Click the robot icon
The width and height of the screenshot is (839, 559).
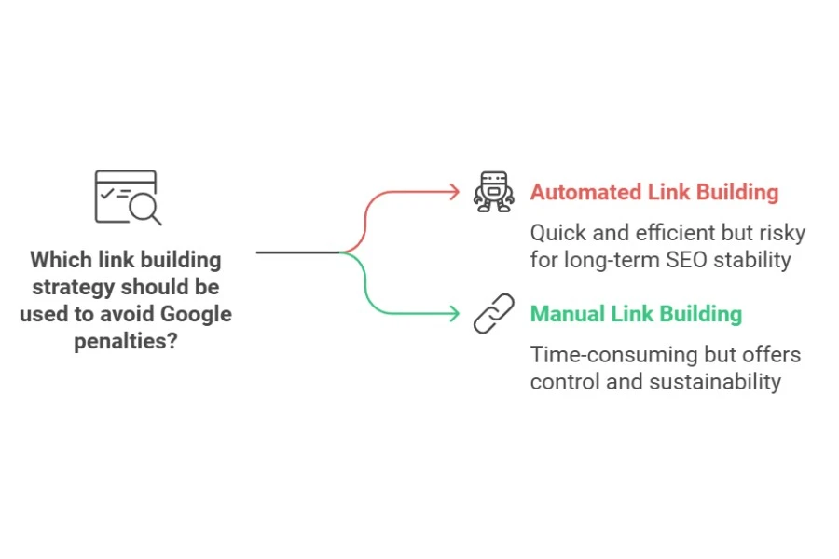[492, 192]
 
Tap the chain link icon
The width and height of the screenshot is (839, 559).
[492, 314]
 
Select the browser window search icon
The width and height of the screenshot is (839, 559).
[128, 197]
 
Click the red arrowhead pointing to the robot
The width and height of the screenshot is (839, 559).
[454, 192]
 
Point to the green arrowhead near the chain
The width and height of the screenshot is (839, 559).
[454, 314]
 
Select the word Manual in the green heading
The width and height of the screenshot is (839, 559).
[567, 314]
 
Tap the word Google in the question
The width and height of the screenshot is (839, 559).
[196, 313]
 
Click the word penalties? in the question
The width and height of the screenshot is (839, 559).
[126, 341]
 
